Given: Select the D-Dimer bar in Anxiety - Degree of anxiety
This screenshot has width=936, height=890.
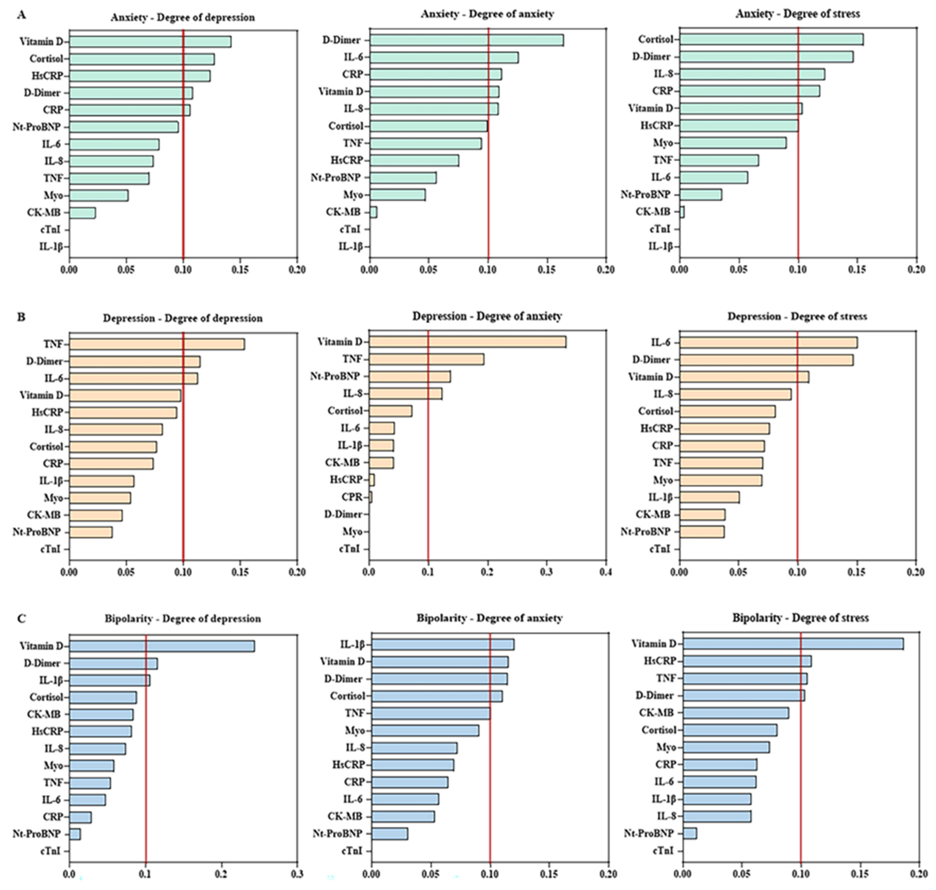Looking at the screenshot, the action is (x=467, y=40).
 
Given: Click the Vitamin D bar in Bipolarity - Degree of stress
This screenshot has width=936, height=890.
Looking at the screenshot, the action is (x=793, y=644).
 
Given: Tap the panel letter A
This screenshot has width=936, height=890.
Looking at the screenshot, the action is (x=21, y=15).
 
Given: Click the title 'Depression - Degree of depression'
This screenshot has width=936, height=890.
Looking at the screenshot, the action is (x=183, y=318).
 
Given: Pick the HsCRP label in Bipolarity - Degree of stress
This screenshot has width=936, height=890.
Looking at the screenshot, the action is (x=660, y=661).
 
